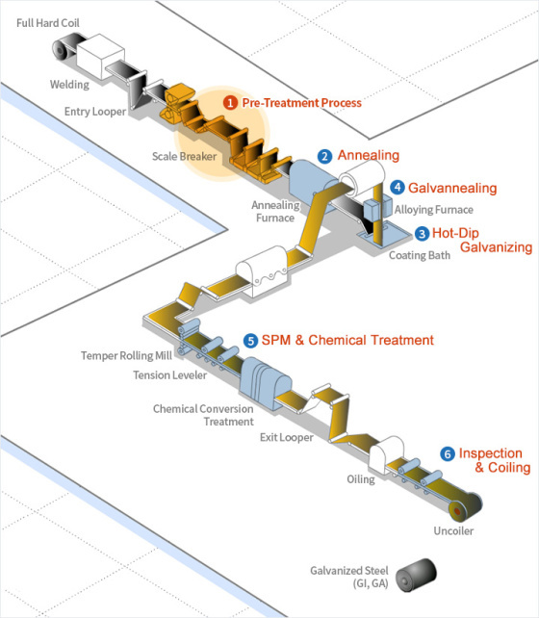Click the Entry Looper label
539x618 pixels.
pos(95,112)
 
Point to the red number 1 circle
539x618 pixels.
pos(229,102)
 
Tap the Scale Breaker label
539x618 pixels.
pos(184,155)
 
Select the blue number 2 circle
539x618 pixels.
pos(325,155)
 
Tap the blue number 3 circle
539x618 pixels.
pos(422,233)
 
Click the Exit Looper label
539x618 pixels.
pos(286,438)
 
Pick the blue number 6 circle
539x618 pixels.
pos(447,453)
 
